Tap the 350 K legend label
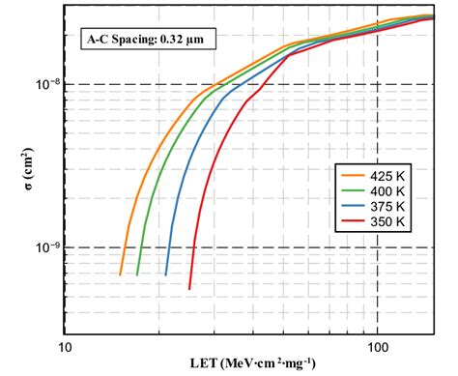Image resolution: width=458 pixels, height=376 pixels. click(x=391, y=223)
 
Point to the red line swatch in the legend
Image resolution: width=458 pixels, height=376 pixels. click(x=351, y=223)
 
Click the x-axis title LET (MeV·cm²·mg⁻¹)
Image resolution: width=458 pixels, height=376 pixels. click(x=250, y=364)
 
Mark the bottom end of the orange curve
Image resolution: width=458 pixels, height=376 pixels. click(x=121, y=275)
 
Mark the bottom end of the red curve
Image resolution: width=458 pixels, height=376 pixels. click(x=189, y=288)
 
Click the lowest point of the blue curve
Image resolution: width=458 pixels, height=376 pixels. click(x=166, y=275)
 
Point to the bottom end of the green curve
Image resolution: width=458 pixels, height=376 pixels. click(x=138, y=275)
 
